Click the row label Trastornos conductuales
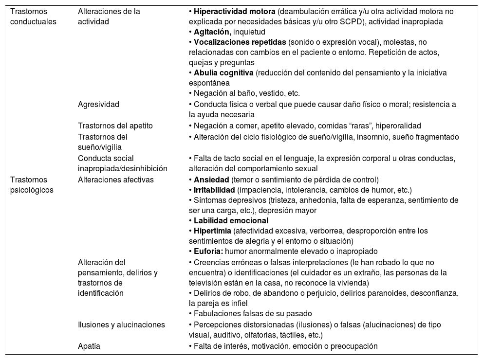[x=33, y=16]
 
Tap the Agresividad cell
[x=98, y=104]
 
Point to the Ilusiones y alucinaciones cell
[x=121, y=324]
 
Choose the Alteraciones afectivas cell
[x=116, y=179]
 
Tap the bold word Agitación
[x=213, y=32]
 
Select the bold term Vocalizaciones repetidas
[x=236, y=42]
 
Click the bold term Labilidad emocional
[x=224, y=220]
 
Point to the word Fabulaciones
[x=216, y=313]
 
